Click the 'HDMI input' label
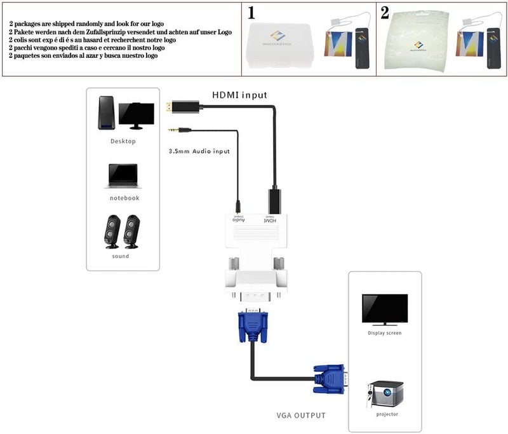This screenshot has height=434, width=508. coord(239,95)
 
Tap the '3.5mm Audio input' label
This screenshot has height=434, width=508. coord(199,151)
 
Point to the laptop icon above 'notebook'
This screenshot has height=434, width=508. coord(123,176)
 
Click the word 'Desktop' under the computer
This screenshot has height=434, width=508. coord(123,141)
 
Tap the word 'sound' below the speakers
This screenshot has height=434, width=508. coord(120,256)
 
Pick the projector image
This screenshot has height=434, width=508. coord(385,394)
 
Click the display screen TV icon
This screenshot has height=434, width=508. coord(384,309)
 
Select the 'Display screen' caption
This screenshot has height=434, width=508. coord(385,332)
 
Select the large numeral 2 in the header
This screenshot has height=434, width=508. coord(385,13)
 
